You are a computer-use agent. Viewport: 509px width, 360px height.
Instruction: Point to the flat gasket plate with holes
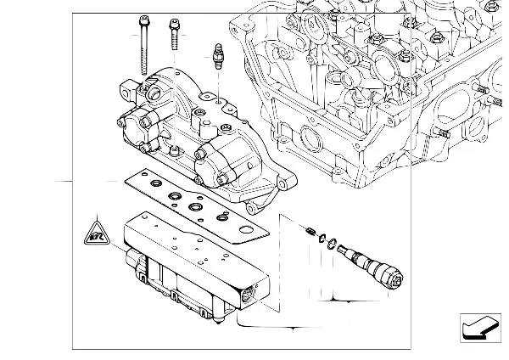click(x=195, y=204)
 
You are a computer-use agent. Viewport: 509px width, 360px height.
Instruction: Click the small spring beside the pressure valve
click(x=310, y=231)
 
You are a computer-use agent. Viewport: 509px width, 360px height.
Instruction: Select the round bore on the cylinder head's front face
click(x=307, y=137)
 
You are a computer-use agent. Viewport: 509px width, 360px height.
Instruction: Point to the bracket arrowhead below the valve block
click(x=294, y=326)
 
